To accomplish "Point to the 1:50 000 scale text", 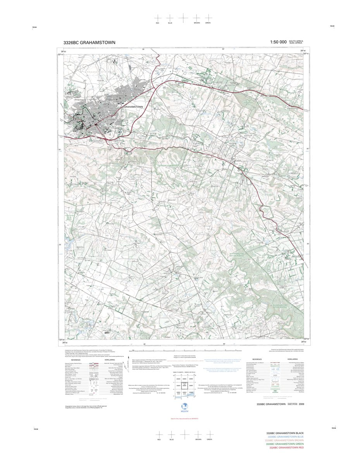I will (278, 42).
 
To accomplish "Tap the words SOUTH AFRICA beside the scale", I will (296, 41).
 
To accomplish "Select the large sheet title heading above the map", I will (89, 43).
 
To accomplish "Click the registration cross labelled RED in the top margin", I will (158, 18).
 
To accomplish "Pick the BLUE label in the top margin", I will (170, 23).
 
